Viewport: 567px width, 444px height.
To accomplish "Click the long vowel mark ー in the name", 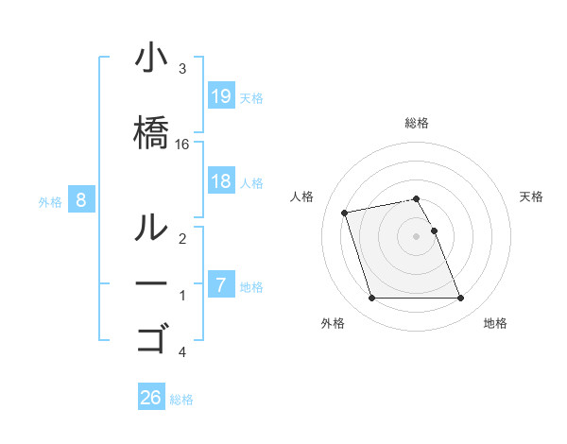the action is point(151,283).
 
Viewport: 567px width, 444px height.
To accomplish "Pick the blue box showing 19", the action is point(221,96).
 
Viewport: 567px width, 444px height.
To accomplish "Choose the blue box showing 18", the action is point(221,181).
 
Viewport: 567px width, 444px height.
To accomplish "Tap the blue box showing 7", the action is point(221,285).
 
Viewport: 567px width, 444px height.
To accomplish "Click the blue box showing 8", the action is point(81,199).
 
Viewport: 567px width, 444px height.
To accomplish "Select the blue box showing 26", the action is point(151,398).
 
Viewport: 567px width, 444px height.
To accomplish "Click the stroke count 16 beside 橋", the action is point(183,144).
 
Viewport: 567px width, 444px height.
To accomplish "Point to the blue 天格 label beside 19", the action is point(251,98).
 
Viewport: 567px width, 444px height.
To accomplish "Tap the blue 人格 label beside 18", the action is point(251,183).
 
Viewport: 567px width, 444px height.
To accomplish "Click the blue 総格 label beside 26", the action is point(181,400).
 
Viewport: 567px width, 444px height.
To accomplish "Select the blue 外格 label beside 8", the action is point(50,201).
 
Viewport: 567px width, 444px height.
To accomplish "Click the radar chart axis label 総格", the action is point(417,123).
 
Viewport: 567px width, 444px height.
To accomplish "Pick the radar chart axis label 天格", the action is point(532,196).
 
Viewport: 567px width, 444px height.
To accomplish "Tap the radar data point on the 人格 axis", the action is point(345,212).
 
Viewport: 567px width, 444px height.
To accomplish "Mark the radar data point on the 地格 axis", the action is point(460,299).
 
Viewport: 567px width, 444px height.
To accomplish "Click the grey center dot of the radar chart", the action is point(417,236).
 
